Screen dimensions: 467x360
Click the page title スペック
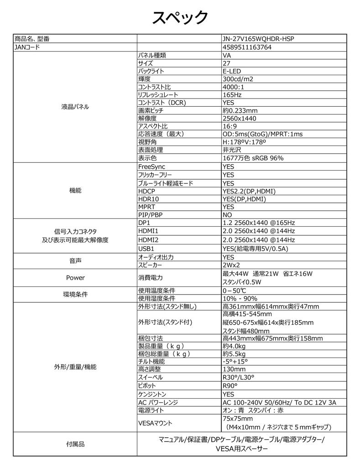180,18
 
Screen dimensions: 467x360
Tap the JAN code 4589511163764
247,47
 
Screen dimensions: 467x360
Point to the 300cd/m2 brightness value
238,79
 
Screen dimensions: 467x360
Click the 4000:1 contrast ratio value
233,87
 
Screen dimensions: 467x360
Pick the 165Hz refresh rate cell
232,95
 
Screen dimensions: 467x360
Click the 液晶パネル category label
75,107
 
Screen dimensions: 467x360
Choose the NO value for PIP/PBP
227,215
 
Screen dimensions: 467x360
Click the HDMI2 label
148,240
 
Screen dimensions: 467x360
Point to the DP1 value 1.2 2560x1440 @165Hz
259,223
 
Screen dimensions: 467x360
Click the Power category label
75,277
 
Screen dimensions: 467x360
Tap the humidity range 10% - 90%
240,298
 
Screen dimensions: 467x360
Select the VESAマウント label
155,423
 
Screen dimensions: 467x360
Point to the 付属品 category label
75,444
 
